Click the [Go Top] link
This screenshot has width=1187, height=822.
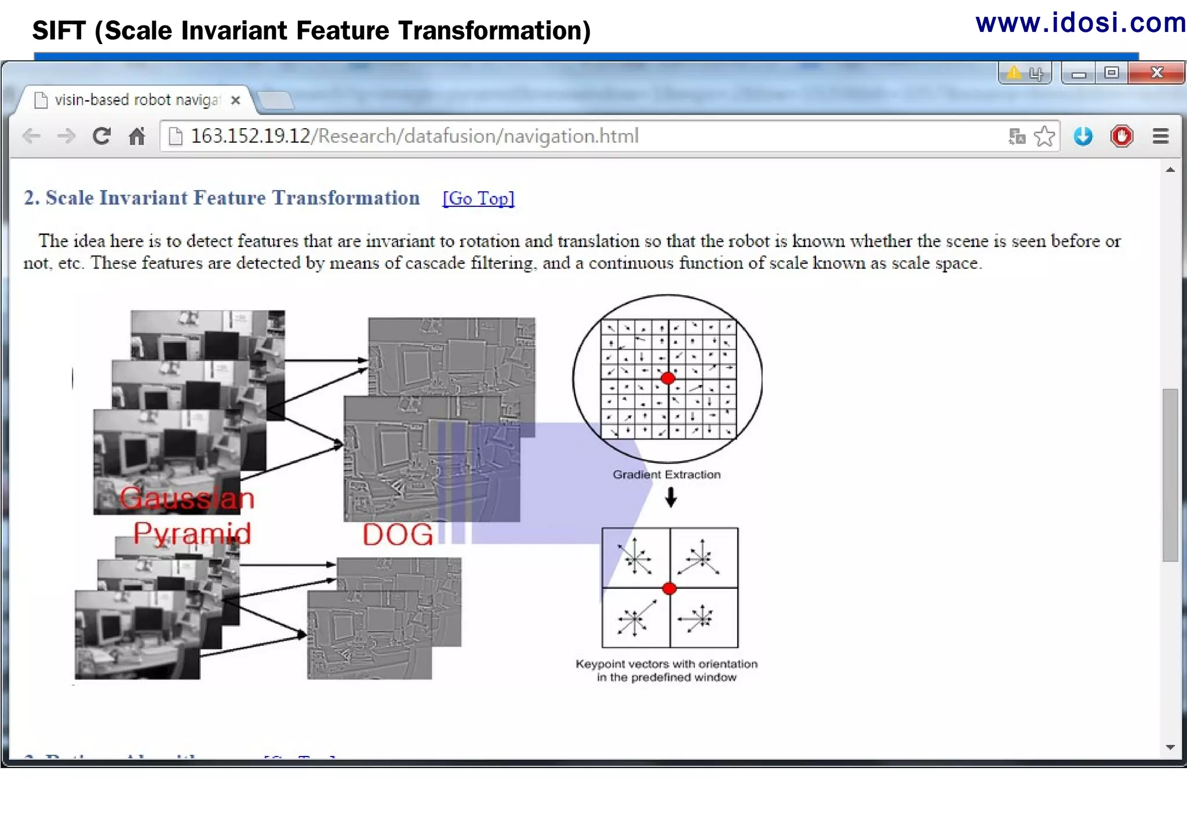tap(478, 198)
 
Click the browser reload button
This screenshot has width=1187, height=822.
tap(101, 136)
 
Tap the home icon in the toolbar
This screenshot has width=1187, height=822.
tap(137, 136)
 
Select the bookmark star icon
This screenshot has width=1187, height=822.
tap(1044, 136)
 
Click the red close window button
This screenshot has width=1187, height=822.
tap(1156, 73)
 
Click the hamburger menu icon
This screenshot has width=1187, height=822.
tap(1160, 136)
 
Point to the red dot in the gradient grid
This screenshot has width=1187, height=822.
tap(668, 379)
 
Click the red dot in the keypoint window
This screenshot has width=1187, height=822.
tap(669, 588)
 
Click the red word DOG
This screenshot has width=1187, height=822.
tap(398, 534)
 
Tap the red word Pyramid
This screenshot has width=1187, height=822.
tap(192, 533)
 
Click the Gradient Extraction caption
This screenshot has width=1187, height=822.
tap(667, 475)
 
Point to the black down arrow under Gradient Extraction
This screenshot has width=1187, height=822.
tap(671, 497)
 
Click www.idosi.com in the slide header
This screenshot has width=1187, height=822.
tap(1080, 23)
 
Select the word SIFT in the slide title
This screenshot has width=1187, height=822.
tap(59, 31)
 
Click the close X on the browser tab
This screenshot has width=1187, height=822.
tap(235, 100)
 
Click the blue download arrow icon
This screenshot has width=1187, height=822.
tap(1083, 136)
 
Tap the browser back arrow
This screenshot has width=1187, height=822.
tap(32, 136)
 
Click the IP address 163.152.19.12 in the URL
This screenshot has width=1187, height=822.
tap(250, 136)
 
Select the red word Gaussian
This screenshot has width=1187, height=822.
tap(187, 499)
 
